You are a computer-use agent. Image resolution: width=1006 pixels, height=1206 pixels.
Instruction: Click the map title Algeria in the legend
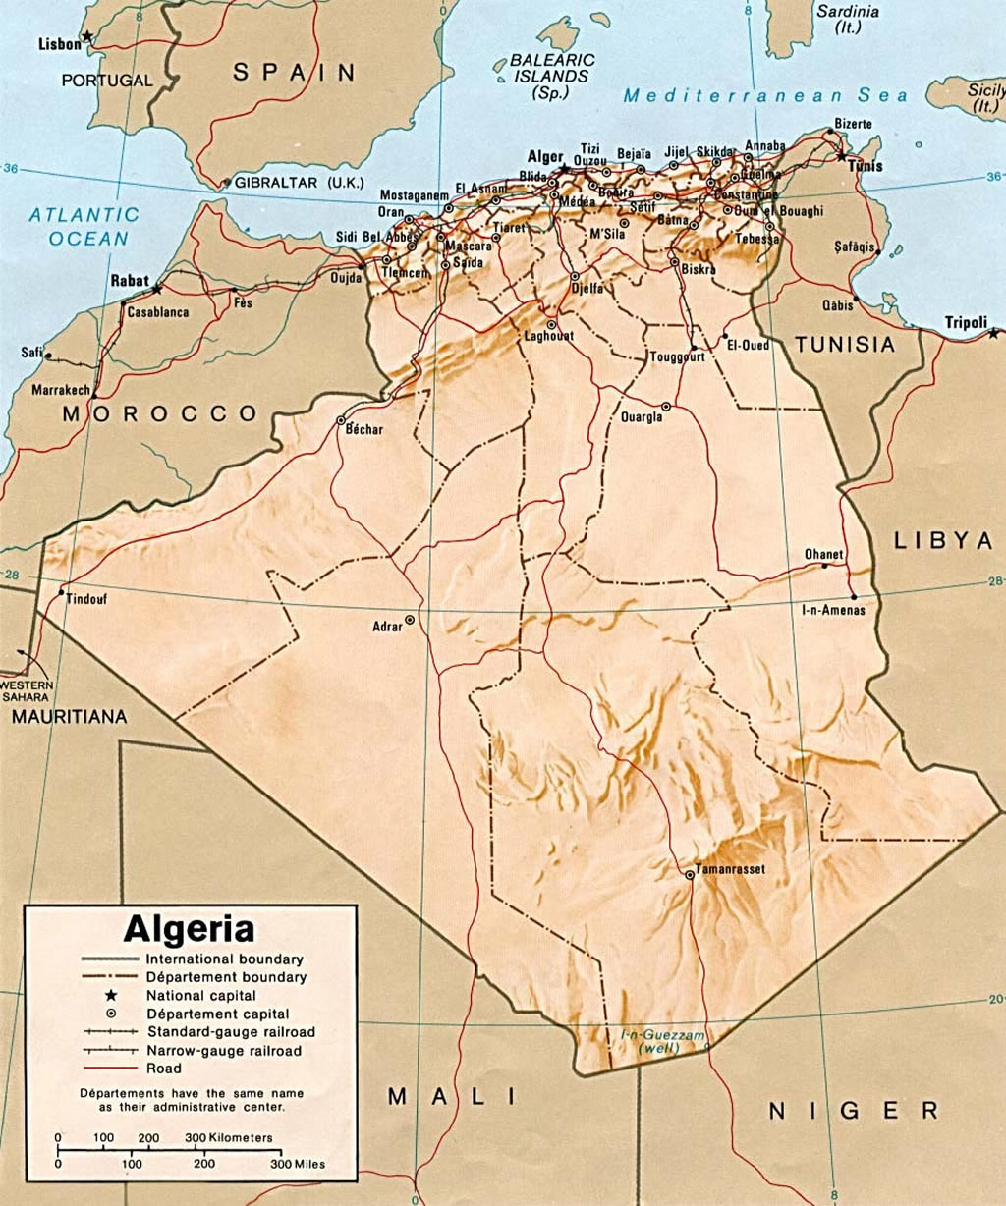pyautogui.click(x=189, y=928)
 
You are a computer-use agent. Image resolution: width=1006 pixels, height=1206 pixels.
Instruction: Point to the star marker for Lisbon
pyautogui.click(x=86, y=36)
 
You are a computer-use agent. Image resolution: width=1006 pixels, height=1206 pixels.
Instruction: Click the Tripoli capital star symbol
pyautogui.click(x=993, y=334)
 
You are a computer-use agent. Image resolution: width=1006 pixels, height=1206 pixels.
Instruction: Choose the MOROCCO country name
pyautogui.click(x=160, y=413)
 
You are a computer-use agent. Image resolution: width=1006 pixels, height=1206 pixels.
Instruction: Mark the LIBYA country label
pyautogui.click(x=944, y=540)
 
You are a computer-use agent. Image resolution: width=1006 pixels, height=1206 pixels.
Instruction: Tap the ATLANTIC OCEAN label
pyautogui.click(x=84, y=226)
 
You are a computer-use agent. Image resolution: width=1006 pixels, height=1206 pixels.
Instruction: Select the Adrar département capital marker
pyautogui.click(x=410, y=620)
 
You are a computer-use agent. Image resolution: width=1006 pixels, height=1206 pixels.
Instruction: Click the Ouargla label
pyautogui.click(x=642, y=416)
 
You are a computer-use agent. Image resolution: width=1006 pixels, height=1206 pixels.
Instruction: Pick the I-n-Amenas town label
pyautogui.click(x=834, y=611)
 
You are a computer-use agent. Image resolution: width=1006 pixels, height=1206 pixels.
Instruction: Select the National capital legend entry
pyautogui.click(x=200, y=996)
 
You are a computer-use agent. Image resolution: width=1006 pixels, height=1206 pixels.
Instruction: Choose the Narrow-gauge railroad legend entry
pyautogui.click(x=224, y=1051)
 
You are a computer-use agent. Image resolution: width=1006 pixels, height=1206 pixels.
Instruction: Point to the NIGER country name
pyautogui.click(x=853, y=1111)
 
